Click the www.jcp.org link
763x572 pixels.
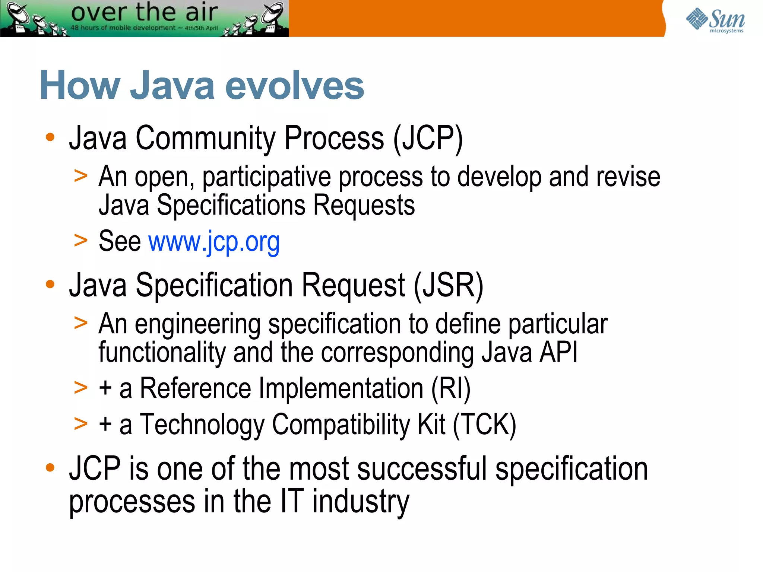pyautogui.click(x=214, y=242)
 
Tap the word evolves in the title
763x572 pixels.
pyautogui.click(x=294, y=86)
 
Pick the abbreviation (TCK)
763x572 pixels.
pyautogui.click(x=484, y=425)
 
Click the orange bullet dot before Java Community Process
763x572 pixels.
pyautogui.click(x=50, y=137)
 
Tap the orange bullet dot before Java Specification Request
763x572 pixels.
pyautogui.click(x=50, y=285)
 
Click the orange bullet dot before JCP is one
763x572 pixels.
pyautogui.click(x=50, y=467)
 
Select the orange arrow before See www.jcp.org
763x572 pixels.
pyautogui.click(x=81, y=241)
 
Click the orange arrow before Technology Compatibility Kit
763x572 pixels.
pyautogui.click(x=81, y=424)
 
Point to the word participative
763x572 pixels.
pyautogui.click(x=266, y=178)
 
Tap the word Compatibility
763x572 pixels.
pyautogui.click(x=341, y=425)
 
